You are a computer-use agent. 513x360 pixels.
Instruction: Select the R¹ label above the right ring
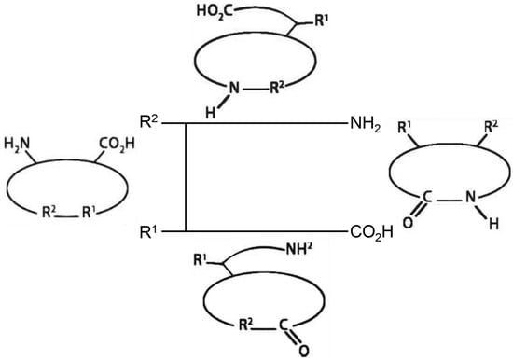pos(406,127)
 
